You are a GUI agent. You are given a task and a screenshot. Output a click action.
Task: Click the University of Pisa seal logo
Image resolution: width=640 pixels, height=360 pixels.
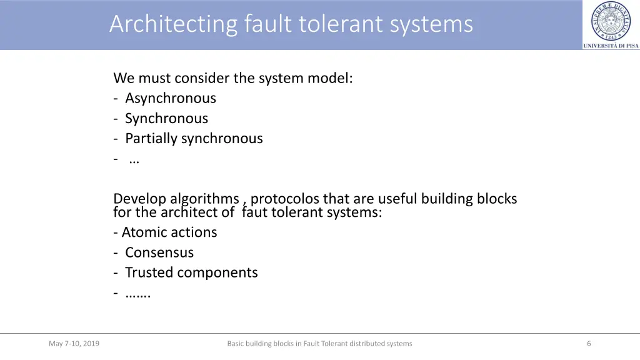[611, 21]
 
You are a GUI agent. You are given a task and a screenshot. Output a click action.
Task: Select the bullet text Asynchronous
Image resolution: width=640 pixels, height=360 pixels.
[170, 98]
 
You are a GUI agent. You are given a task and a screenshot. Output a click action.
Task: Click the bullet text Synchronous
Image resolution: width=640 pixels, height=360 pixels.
[166, 118]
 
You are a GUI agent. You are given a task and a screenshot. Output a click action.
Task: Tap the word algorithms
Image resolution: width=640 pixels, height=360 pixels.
[204, 199]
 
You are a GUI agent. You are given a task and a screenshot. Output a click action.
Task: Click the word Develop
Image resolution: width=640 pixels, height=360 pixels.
[139, 199]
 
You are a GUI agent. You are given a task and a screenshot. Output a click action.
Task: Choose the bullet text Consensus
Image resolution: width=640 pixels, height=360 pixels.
[159, 252]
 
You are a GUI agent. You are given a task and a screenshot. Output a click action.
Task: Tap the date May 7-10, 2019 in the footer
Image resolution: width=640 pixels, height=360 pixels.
[74, 343]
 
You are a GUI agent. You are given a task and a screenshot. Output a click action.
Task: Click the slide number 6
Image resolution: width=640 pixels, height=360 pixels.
[589, 343]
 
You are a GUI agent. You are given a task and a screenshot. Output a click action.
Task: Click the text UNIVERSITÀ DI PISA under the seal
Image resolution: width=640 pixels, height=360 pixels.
[611, 46]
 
